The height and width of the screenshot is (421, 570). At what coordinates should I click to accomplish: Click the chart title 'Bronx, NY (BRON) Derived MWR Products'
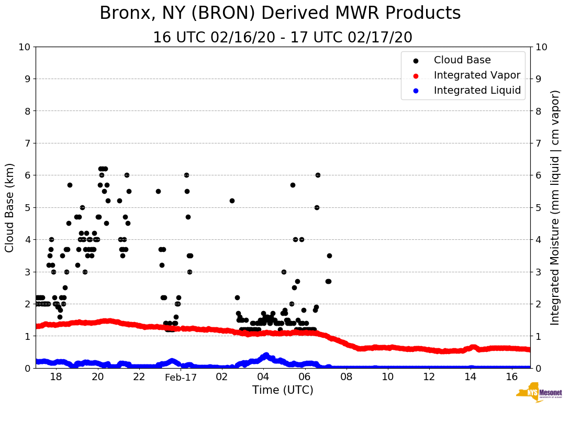tap(280, 13)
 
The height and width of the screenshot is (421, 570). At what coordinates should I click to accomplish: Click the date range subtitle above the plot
tap(283, 38)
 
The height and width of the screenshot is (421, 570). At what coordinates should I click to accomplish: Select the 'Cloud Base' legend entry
tap(462, 60)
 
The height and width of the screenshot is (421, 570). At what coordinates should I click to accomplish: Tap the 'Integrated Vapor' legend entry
tap(477, 75)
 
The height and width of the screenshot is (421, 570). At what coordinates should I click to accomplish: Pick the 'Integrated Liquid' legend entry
tap(477, 91)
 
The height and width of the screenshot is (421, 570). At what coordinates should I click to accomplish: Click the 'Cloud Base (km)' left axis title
tap(10, 207)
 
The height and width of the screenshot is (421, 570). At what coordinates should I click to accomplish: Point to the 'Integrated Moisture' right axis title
tap(555, 207)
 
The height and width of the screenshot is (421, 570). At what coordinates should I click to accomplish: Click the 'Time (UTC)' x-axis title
tap(283, 390)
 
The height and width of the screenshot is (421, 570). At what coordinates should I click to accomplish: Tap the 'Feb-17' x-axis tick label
tap(181, 378)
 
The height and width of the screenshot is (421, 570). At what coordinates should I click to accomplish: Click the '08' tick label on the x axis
tap(346, 378)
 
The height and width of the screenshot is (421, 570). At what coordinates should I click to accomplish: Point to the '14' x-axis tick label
tap(471, 378)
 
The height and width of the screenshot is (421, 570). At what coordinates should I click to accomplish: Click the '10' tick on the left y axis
tap(25, 47)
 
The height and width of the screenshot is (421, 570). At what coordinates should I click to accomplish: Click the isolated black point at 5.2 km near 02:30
tap(232, 201)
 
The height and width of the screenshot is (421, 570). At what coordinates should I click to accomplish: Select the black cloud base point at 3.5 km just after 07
tap(329, 256)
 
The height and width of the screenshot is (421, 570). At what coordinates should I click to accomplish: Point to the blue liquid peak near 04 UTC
tap(266, 355)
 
